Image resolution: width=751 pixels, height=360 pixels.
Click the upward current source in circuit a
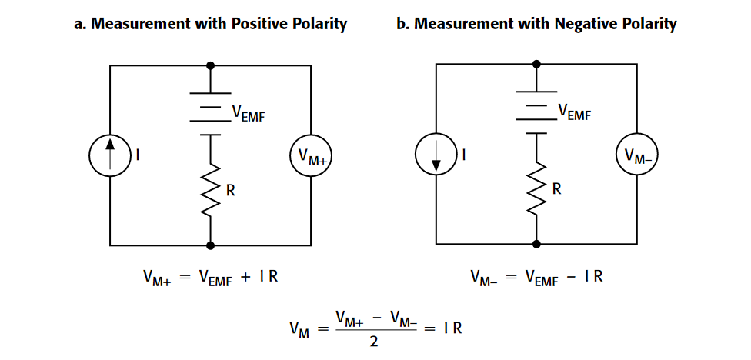point(110,155)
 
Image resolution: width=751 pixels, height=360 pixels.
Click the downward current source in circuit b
point(436,155)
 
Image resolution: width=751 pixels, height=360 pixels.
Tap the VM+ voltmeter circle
point(310,156)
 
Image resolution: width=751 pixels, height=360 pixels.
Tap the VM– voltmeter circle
point(636,156)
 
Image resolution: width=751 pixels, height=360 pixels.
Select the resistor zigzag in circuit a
point(211,190)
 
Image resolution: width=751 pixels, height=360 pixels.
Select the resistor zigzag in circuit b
point(536,190)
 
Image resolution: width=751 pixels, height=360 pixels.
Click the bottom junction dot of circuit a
point(211,244)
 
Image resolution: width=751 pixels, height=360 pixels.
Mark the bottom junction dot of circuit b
point(536,244)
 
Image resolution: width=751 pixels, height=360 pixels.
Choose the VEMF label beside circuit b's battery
point(574,114)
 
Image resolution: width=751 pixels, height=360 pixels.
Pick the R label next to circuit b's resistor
point(556,189)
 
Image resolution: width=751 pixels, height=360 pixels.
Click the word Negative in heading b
point(584,24)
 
